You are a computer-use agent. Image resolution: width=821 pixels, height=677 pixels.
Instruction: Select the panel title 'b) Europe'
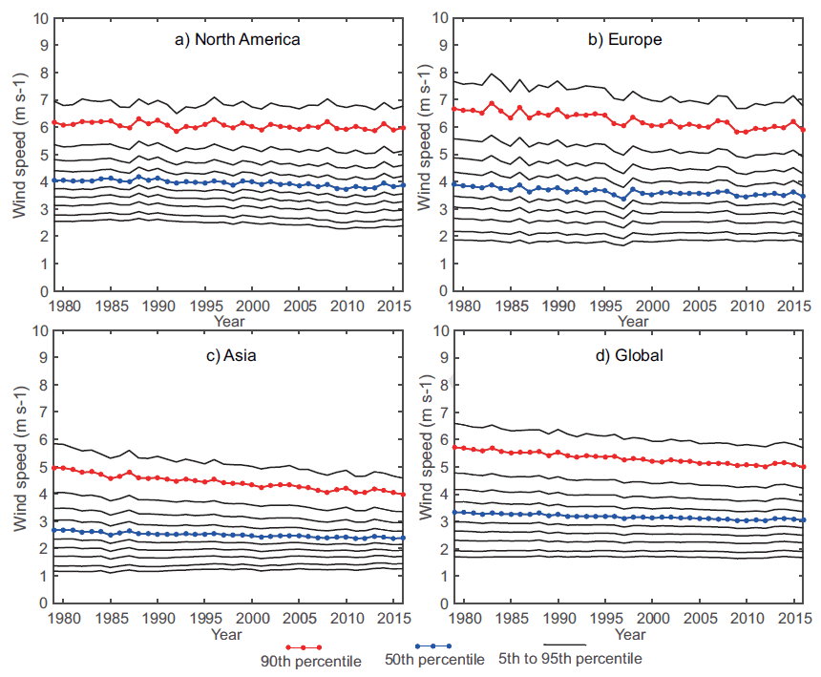[625, 39]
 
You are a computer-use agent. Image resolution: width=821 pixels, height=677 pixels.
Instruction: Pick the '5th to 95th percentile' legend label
[571, 659]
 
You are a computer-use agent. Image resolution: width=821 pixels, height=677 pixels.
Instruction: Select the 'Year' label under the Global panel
[630, 633]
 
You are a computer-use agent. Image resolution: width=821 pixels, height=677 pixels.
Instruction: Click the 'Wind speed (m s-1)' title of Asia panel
[19, 467]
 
